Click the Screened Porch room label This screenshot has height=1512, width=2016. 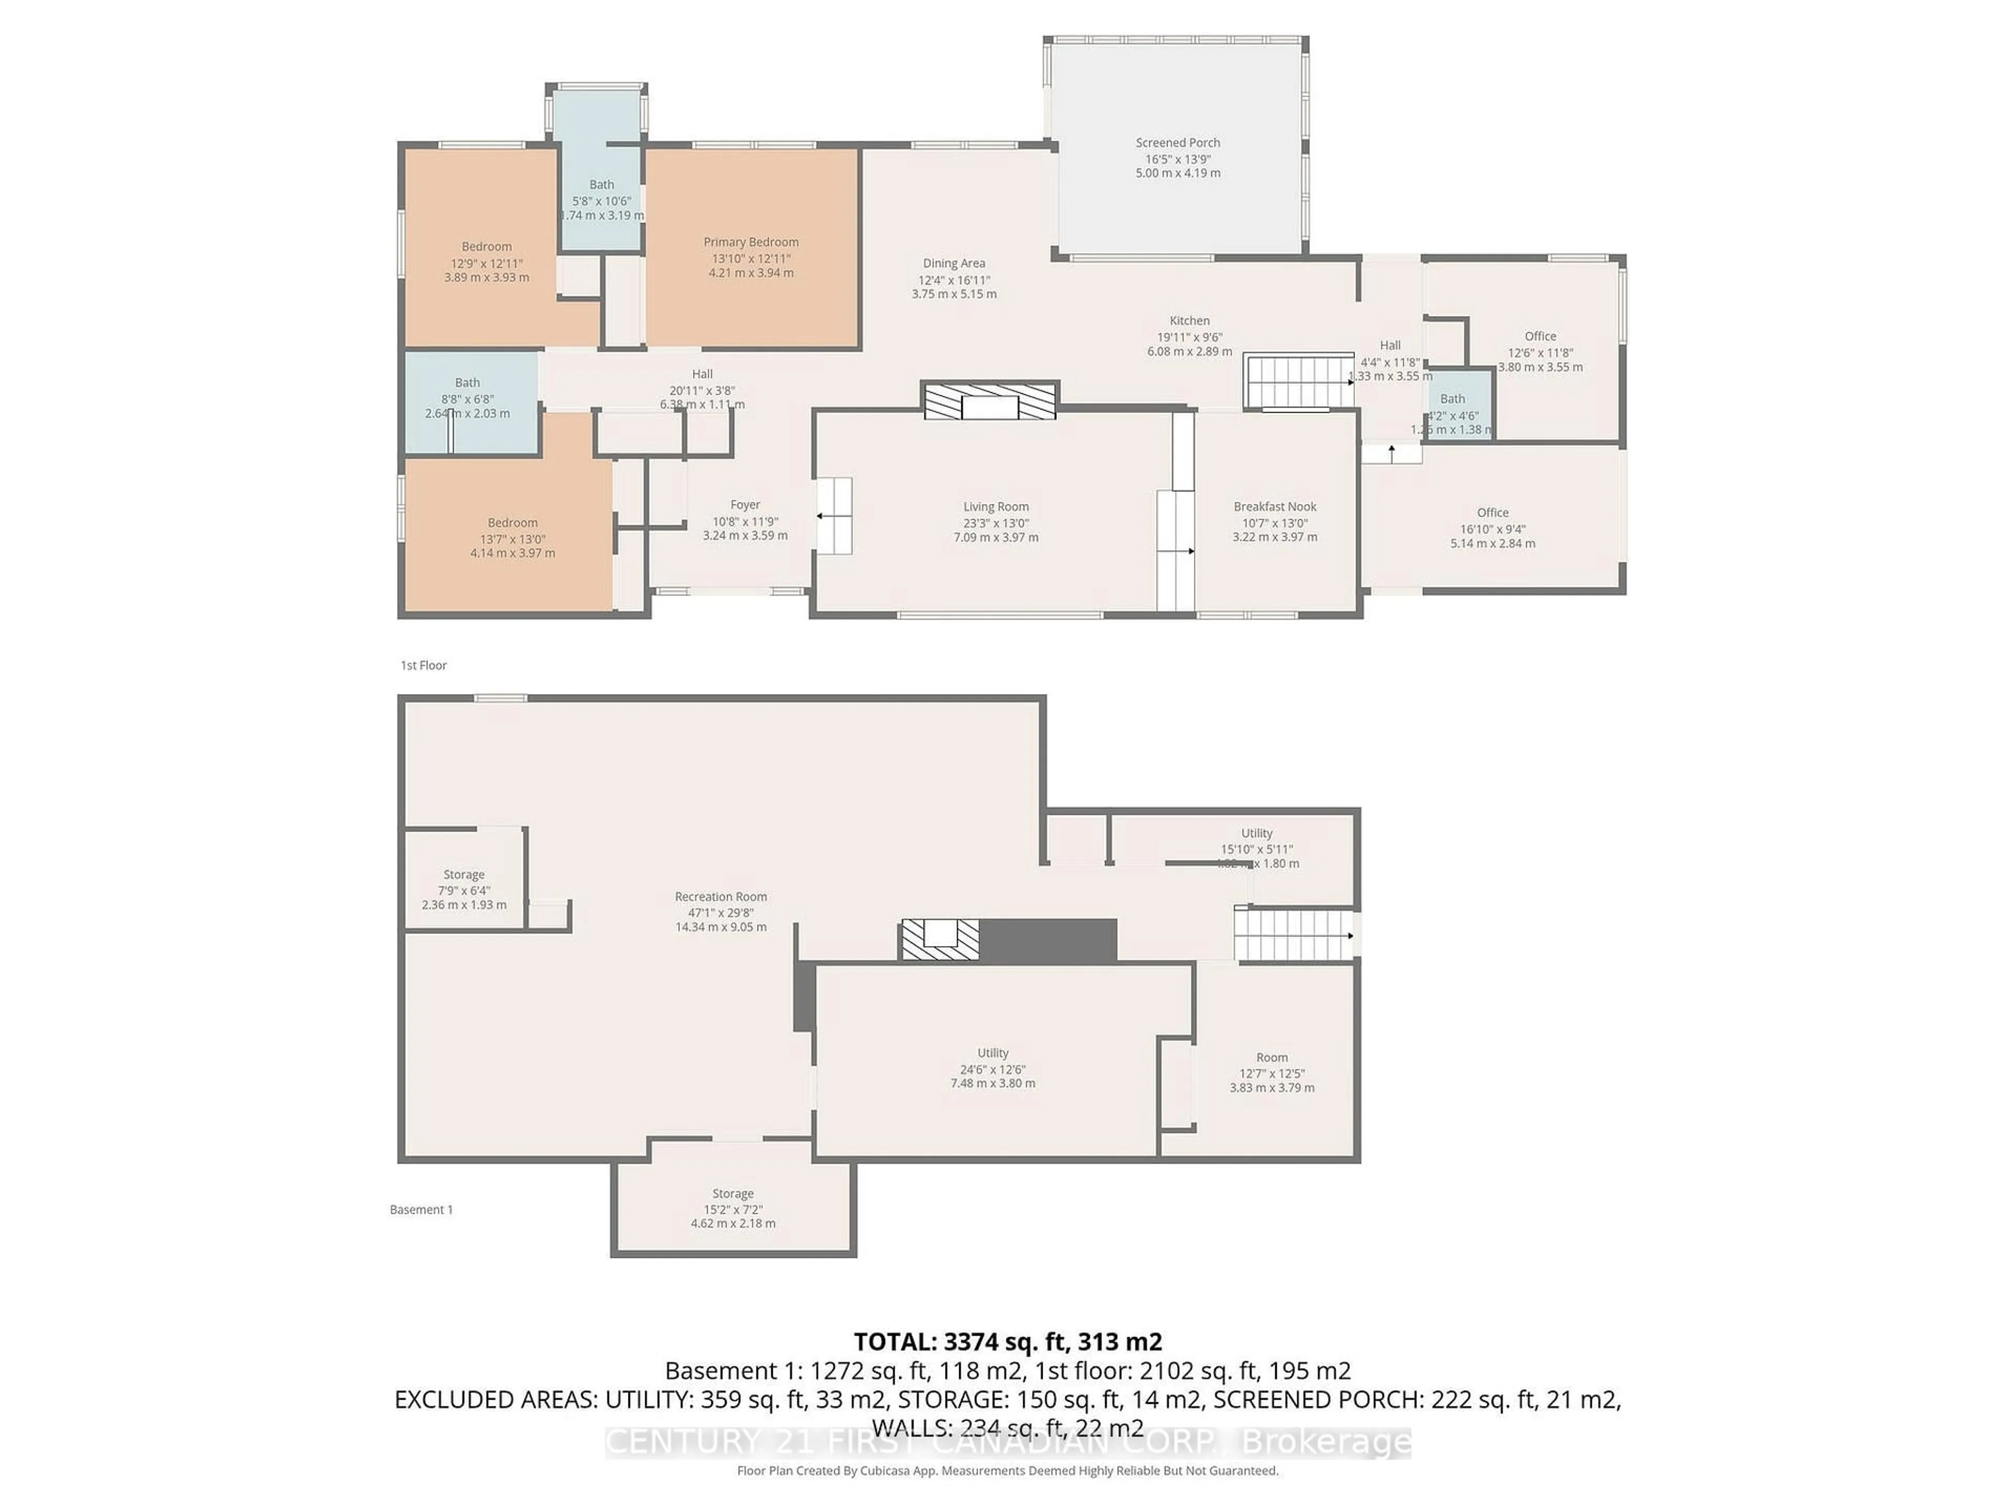pos(1178,143)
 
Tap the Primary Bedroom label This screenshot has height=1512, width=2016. pos(750,243)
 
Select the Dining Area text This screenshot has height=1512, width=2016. pos(953,264)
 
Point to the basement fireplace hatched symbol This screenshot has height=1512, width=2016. pos(940,940)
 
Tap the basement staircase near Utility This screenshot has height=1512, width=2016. pos(1293,934)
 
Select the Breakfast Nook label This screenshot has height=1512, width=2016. pos(1274,507)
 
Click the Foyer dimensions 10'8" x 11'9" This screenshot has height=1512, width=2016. pos(744,522)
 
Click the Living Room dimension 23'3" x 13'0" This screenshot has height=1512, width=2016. pos(995,523)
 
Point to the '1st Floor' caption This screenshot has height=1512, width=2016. pos(424,665)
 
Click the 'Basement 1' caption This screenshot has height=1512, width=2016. pos(421,1210)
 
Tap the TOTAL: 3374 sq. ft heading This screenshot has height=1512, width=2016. pos(1007,1341)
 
